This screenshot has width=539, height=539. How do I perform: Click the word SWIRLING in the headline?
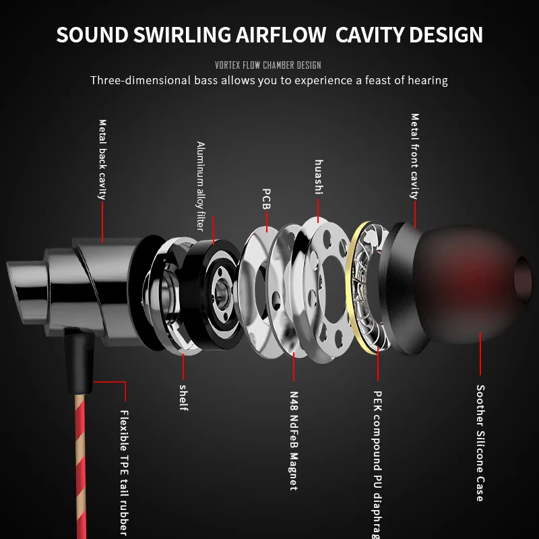tap(182, 35)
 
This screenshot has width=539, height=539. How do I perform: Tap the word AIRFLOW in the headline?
tap(281, 35)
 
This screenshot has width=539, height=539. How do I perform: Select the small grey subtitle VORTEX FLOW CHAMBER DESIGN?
tap(268, 65)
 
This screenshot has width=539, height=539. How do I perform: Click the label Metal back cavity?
tap(102, 160)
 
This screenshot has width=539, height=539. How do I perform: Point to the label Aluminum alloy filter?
tap(201, 186)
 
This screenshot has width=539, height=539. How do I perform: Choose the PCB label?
tap(266, 199)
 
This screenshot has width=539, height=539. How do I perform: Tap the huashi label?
tap(319, 177)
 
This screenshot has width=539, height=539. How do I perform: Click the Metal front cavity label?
tap(415, 156)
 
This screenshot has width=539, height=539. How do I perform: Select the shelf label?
tap(183, 398)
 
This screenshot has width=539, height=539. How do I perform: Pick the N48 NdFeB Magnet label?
tap(294, 441)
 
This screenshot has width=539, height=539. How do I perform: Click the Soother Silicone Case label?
tap(480, 443)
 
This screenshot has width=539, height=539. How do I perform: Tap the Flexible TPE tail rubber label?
tap(124, 473)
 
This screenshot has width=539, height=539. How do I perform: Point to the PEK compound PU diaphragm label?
tap(377, 464)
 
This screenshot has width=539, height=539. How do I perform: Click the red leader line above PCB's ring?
tap(267, 222)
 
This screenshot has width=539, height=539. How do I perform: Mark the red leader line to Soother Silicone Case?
tap(480, 353)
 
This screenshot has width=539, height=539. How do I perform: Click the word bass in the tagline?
tap(206, 80)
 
